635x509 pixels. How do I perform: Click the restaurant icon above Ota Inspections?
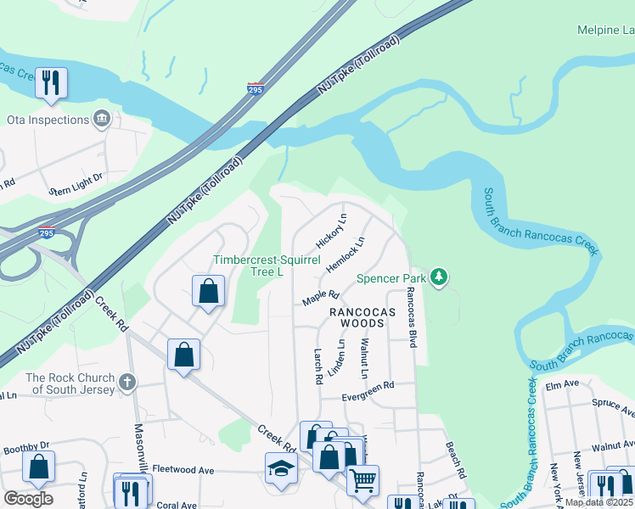[x=51, y=83]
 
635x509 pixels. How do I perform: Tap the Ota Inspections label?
[x=48, y=120]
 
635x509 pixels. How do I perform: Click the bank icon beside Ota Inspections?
[x=102, y=118]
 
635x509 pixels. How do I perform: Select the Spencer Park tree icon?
[x=438, y=277]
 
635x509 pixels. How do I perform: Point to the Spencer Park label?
[x=391, y=277]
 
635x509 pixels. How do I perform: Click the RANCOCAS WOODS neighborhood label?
[x=362, y=317]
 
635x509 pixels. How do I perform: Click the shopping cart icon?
[x=362, y=479]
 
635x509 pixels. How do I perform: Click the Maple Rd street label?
[x=322, y=297]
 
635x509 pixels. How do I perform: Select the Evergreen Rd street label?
[x=368, y=384]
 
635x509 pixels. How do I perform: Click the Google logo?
[x=28, y=499]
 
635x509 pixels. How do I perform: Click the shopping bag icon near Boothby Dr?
[x=38, y=466]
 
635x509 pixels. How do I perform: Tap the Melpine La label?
[x=605, y=31]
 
